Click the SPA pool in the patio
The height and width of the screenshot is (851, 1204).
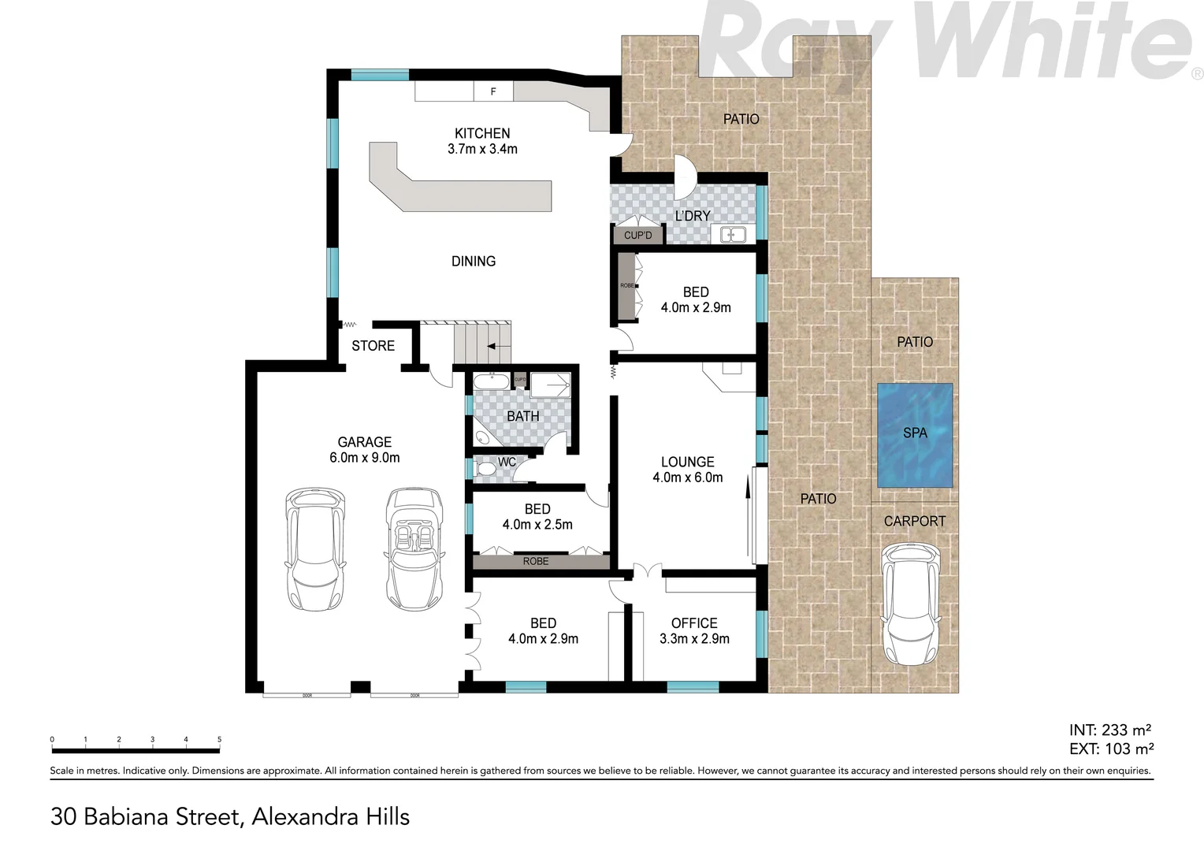(914, 435)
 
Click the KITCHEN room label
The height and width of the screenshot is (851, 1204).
(482, 133)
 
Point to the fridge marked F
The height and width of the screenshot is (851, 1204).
(493, 91)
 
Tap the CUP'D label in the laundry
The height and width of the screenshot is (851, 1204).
(638, 236)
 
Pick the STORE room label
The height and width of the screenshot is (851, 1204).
(373, 346)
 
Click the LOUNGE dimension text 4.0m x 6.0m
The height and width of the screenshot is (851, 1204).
(687, 478)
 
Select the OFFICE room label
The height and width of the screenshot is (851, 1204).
(694, 623)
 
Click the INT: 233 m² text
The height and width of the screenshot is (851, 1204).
(1111, 730)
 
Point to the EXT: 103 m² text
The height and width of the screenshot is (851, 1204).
(1111, 749)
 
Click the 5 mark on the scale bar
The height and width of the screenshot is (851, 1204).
(219, 740)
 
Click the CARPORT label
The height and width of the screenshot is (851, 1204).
(914, 522)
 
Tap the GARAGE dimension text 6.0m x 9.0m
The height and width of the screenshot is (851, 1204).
(364, 458)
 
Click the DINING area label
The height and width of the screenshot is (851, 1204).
(474, 261)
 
